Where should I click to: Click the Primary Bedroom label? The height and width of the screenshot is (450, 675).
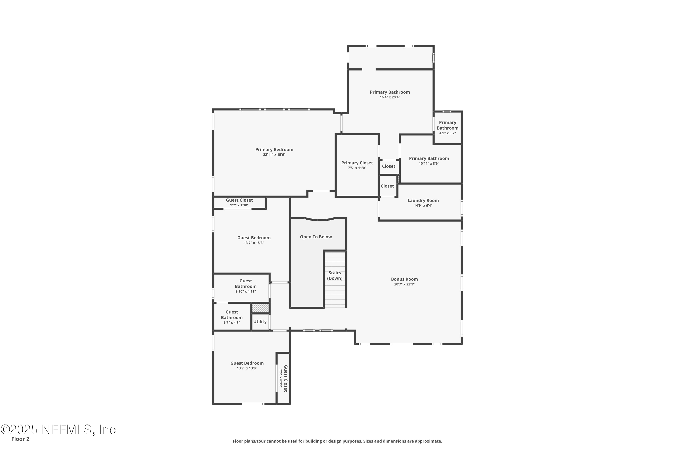coord(274,150)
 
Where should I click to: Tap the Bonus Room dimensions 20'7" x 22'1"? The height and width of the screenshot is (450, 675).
coord(404,284)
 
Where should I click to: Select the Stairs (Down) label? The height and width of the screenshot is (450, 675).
coord(335,275)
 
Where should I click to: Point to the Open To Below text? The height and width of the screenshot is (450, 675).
coord(316,237)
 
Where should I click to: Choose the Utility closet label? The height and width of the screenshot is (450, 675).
coord(260,322)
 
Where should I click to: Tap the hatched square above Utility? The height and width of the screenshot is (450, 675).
coord(261,308)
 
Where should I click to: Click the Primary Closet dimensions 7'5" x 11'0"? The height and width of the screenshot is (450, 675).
coord(357,168)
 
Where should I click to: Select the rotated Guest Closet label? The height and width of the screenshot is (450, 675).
coord(286,378)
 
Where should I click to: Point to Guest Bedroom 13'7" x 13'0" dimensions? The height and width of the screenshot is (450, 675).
coord(247,368)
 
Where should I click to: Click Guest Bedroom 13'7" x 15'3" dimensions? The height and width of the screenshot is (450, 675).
coord(254,243)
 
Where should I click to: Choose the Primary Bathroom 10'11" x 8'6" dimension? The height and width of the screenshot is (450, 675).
coord(429,164)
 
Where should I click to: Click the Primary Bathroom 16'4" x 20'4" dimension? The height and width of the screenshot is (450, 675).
coord(390,97)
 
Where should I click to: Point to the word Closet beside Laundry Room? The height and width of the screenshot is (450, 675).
coord(387,186)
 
